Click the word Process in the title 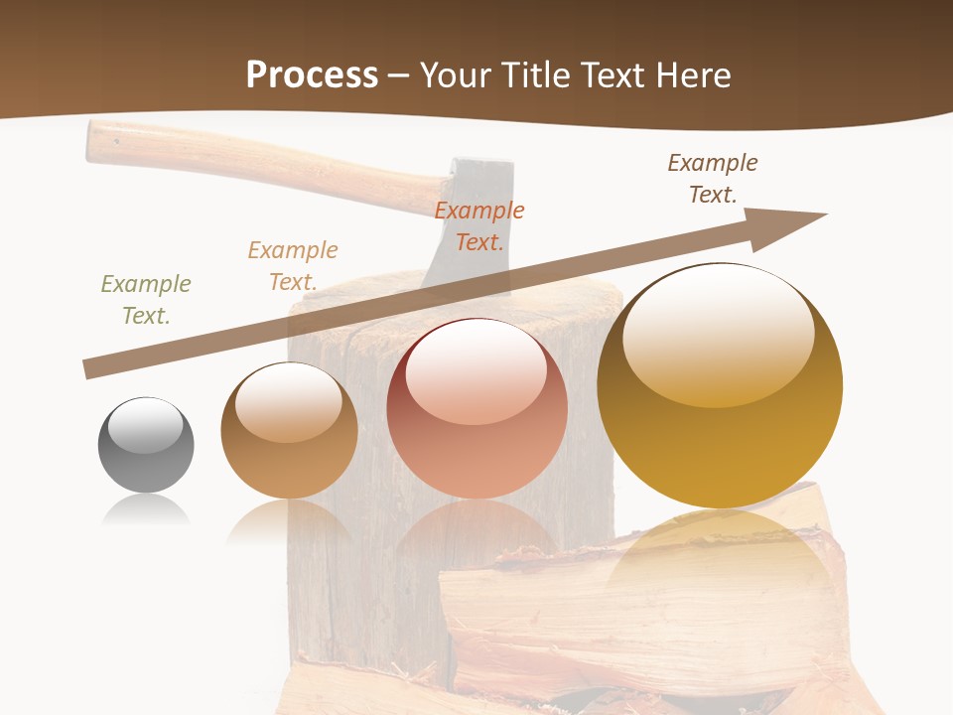point(312,75)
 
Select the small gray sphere point(146,445)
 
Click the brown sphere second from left point(289,431)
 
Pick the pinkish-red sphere point(476,409)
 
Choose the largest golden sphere point(720,385)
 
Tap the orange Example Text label point(479,226)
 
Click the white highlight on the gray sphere point(146,426)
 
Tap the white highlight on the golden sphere point(720,333)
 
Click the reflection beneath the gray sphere point(146,511)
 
